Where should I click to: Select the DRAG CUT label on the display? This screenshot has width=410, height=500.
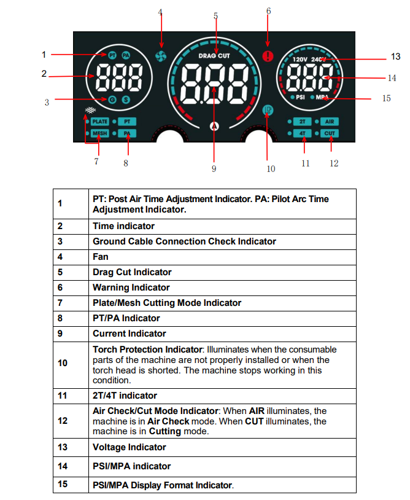coord(214,56)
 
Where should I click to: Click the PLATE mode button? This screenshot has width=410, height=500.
coord(100,122)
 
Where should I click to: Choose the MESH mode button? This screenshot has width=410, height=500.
coord(100,133)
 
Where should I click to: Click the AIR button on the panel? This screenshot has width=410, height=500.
coord(330,122)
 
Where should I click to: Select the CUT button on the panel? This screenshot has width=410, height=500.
coord(330,133)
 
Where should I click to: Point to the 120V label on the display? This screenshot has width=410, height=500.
coord(300,60)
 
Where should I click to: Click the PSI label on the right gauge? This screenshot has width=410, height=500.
coord(301,98)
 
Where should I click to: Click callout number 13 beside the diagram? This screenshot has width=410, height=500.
coord(395,57)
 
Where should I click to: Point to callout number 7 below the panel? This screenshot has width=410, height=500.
coord(96,162)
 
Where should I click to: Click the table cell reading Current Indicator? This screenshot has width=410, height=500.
coord(129,334)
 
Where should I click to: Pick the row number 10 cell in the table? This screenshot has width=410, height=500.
coord(63,363)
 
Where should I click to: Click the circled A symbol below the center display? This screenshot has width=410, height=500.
coord(214,126)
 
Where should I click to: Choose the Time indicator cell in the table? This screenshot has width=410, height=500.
coord(123,226)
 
